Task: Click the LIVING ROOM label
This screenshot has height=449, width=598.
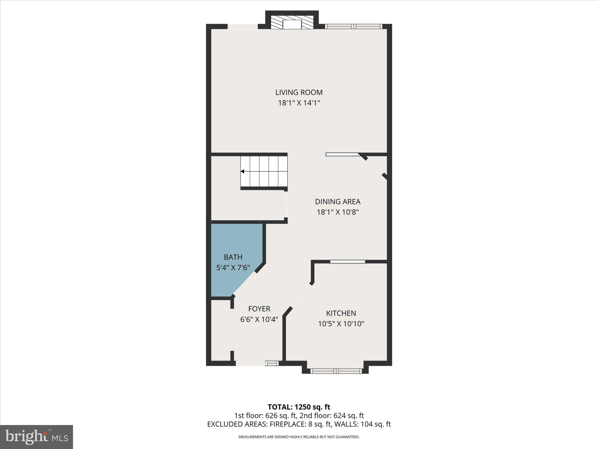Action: point(299,92)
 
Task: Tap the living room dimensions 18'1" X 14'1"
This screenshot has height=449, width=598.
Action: point(299,103)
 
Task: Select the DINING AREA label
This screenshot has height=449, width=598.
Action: point(338,202)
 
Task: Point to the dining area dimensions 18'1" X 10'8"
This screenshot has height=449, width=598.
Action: point(338,212)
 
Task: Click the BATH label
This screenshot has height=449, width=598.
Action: point(233,257)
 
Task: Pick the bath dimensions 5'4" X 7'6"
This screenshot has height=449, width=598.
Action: point(233,268)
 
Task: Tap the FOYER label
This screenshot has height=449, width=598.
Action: point(259,309)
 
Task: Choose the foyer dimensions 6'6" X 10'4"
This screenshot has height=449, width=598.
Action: point(259,320)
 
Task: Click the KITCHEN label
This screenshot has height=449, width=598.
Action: point(341,313)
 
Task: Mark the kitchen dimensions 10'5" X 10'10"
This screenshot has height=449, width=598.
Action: point(341,324)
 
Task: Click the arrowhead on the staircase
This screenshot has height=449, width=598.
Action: point(242,172)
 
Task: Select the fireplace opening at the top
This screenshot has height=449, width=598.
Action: point(292,25)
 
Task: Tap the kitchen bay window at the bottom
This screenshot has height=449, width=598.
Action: point(335,371)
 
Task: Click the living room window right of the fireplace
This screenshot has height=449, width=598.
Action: point(353,26)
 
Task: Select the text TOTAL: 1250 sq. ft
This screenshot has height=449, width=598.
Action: point(299,407)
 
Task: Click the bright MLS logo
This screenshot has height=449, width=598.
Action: point(36,437)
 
